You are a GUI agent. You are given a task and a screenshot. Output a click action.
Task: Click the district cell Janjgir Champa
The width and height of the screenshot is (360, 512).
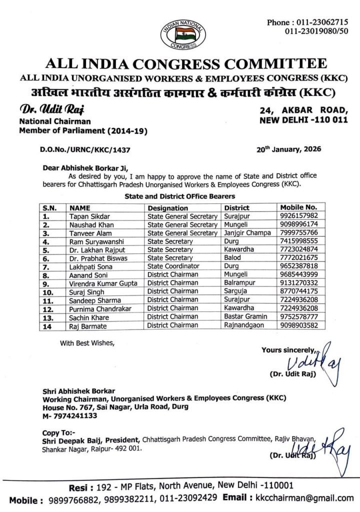(x=247, y=233)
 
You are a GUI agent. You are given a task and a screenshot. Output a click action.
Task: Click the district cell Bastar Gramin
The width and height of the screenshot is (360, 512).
(x=246, y=316)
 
